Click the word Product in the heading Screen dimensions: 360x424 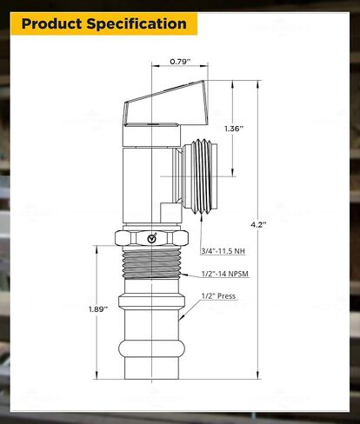point(52,23)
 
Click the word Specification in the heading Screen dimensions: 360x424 point(137,24)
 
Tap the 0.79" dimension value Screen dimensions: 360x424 point(180,62)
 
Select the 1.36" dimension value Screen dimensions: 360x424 point(234,129)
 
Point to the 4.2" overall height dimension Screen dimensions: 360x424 point(258,224)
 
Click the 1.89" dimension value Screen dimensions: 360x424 point(98,309)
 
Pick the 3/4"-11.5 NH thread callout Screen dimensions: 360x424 point(223,251)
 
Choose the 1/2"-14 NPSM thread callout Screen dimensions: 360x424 point(225,274)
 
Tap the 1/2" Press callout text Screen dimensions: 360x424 point(218,296)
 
